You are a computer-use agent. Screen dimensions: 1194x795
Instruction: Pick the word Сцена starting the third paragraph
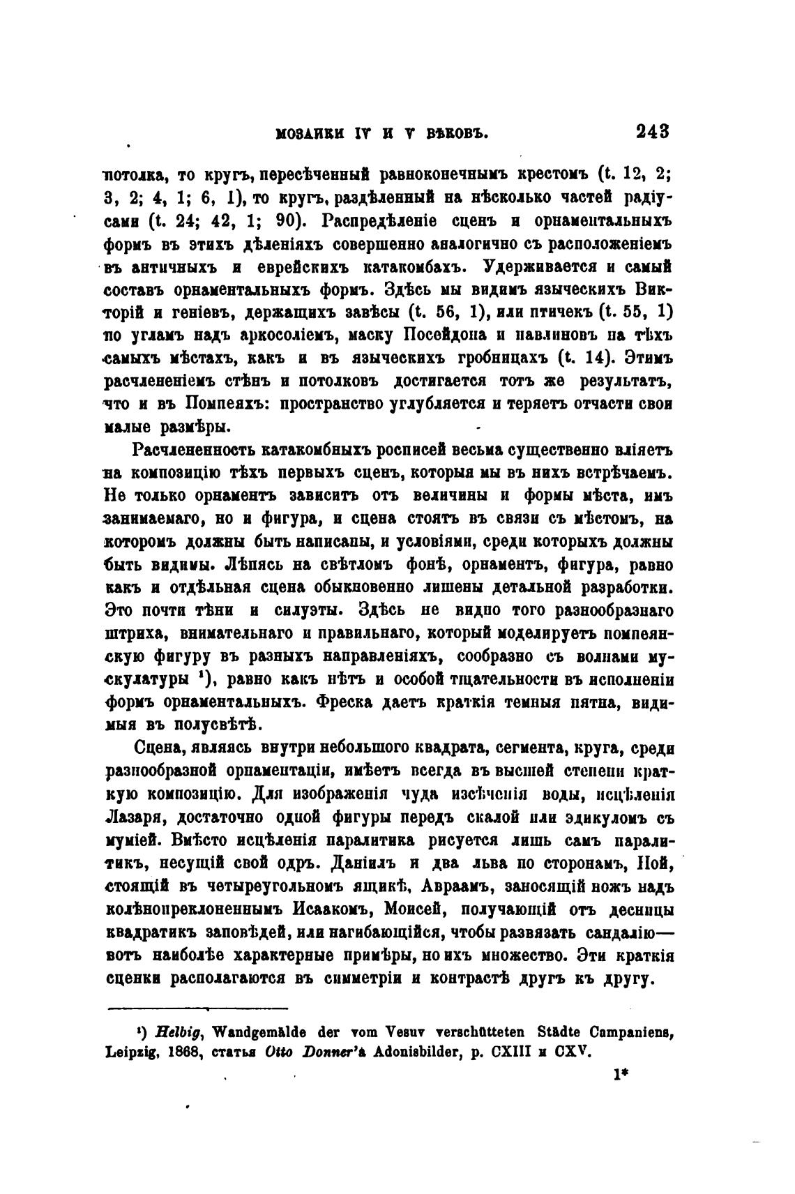click(x=159, y=750)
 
